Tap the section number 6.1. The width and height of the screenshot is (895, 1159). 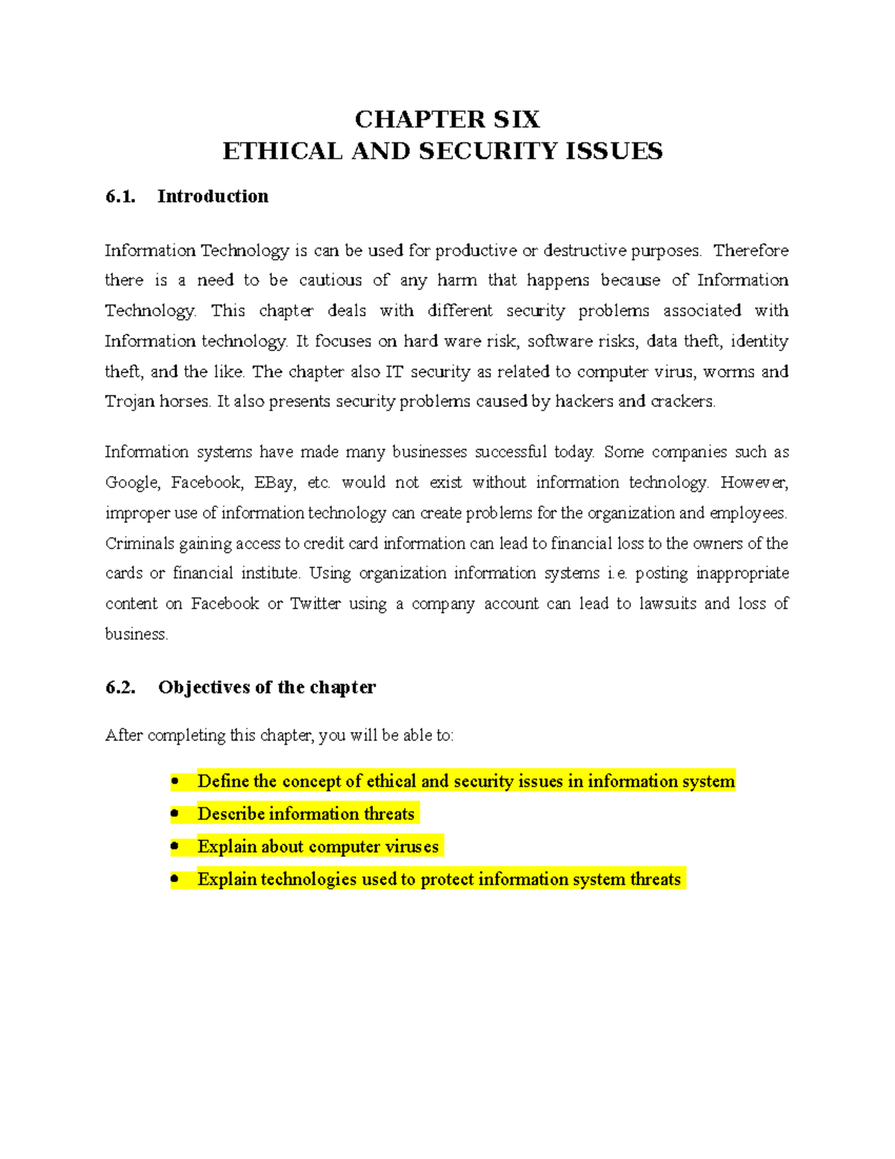click(x=120, y=196)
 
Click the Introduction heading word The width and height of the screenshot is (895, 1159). click(x=213, y=196)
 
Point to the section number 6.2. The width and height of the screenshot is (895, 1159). click(x=120, y=687)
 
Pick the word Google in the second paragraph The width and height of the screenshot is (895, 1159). click(x=132, y=483)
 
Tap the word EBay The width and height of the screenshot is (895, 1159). click(x=274, y=483)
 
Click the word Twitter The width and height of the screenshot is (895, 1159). click(x=315, y=604)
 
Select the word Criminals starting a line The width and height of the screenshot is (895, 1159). click(x=139, y=544)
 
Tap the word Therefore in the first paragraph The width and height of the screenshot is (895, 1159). click(x=751, y=251)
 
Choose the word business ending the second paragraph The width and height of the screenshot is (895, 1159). click(x=136, y=634)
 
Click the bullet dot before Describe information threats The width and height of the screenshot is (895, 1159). click(x=175, y=813)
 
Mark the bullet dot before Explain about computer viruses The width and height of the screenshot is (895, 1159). click(x=175, y=846)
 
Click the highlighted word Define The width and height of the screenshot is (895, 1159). click(x=223, y=781)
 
